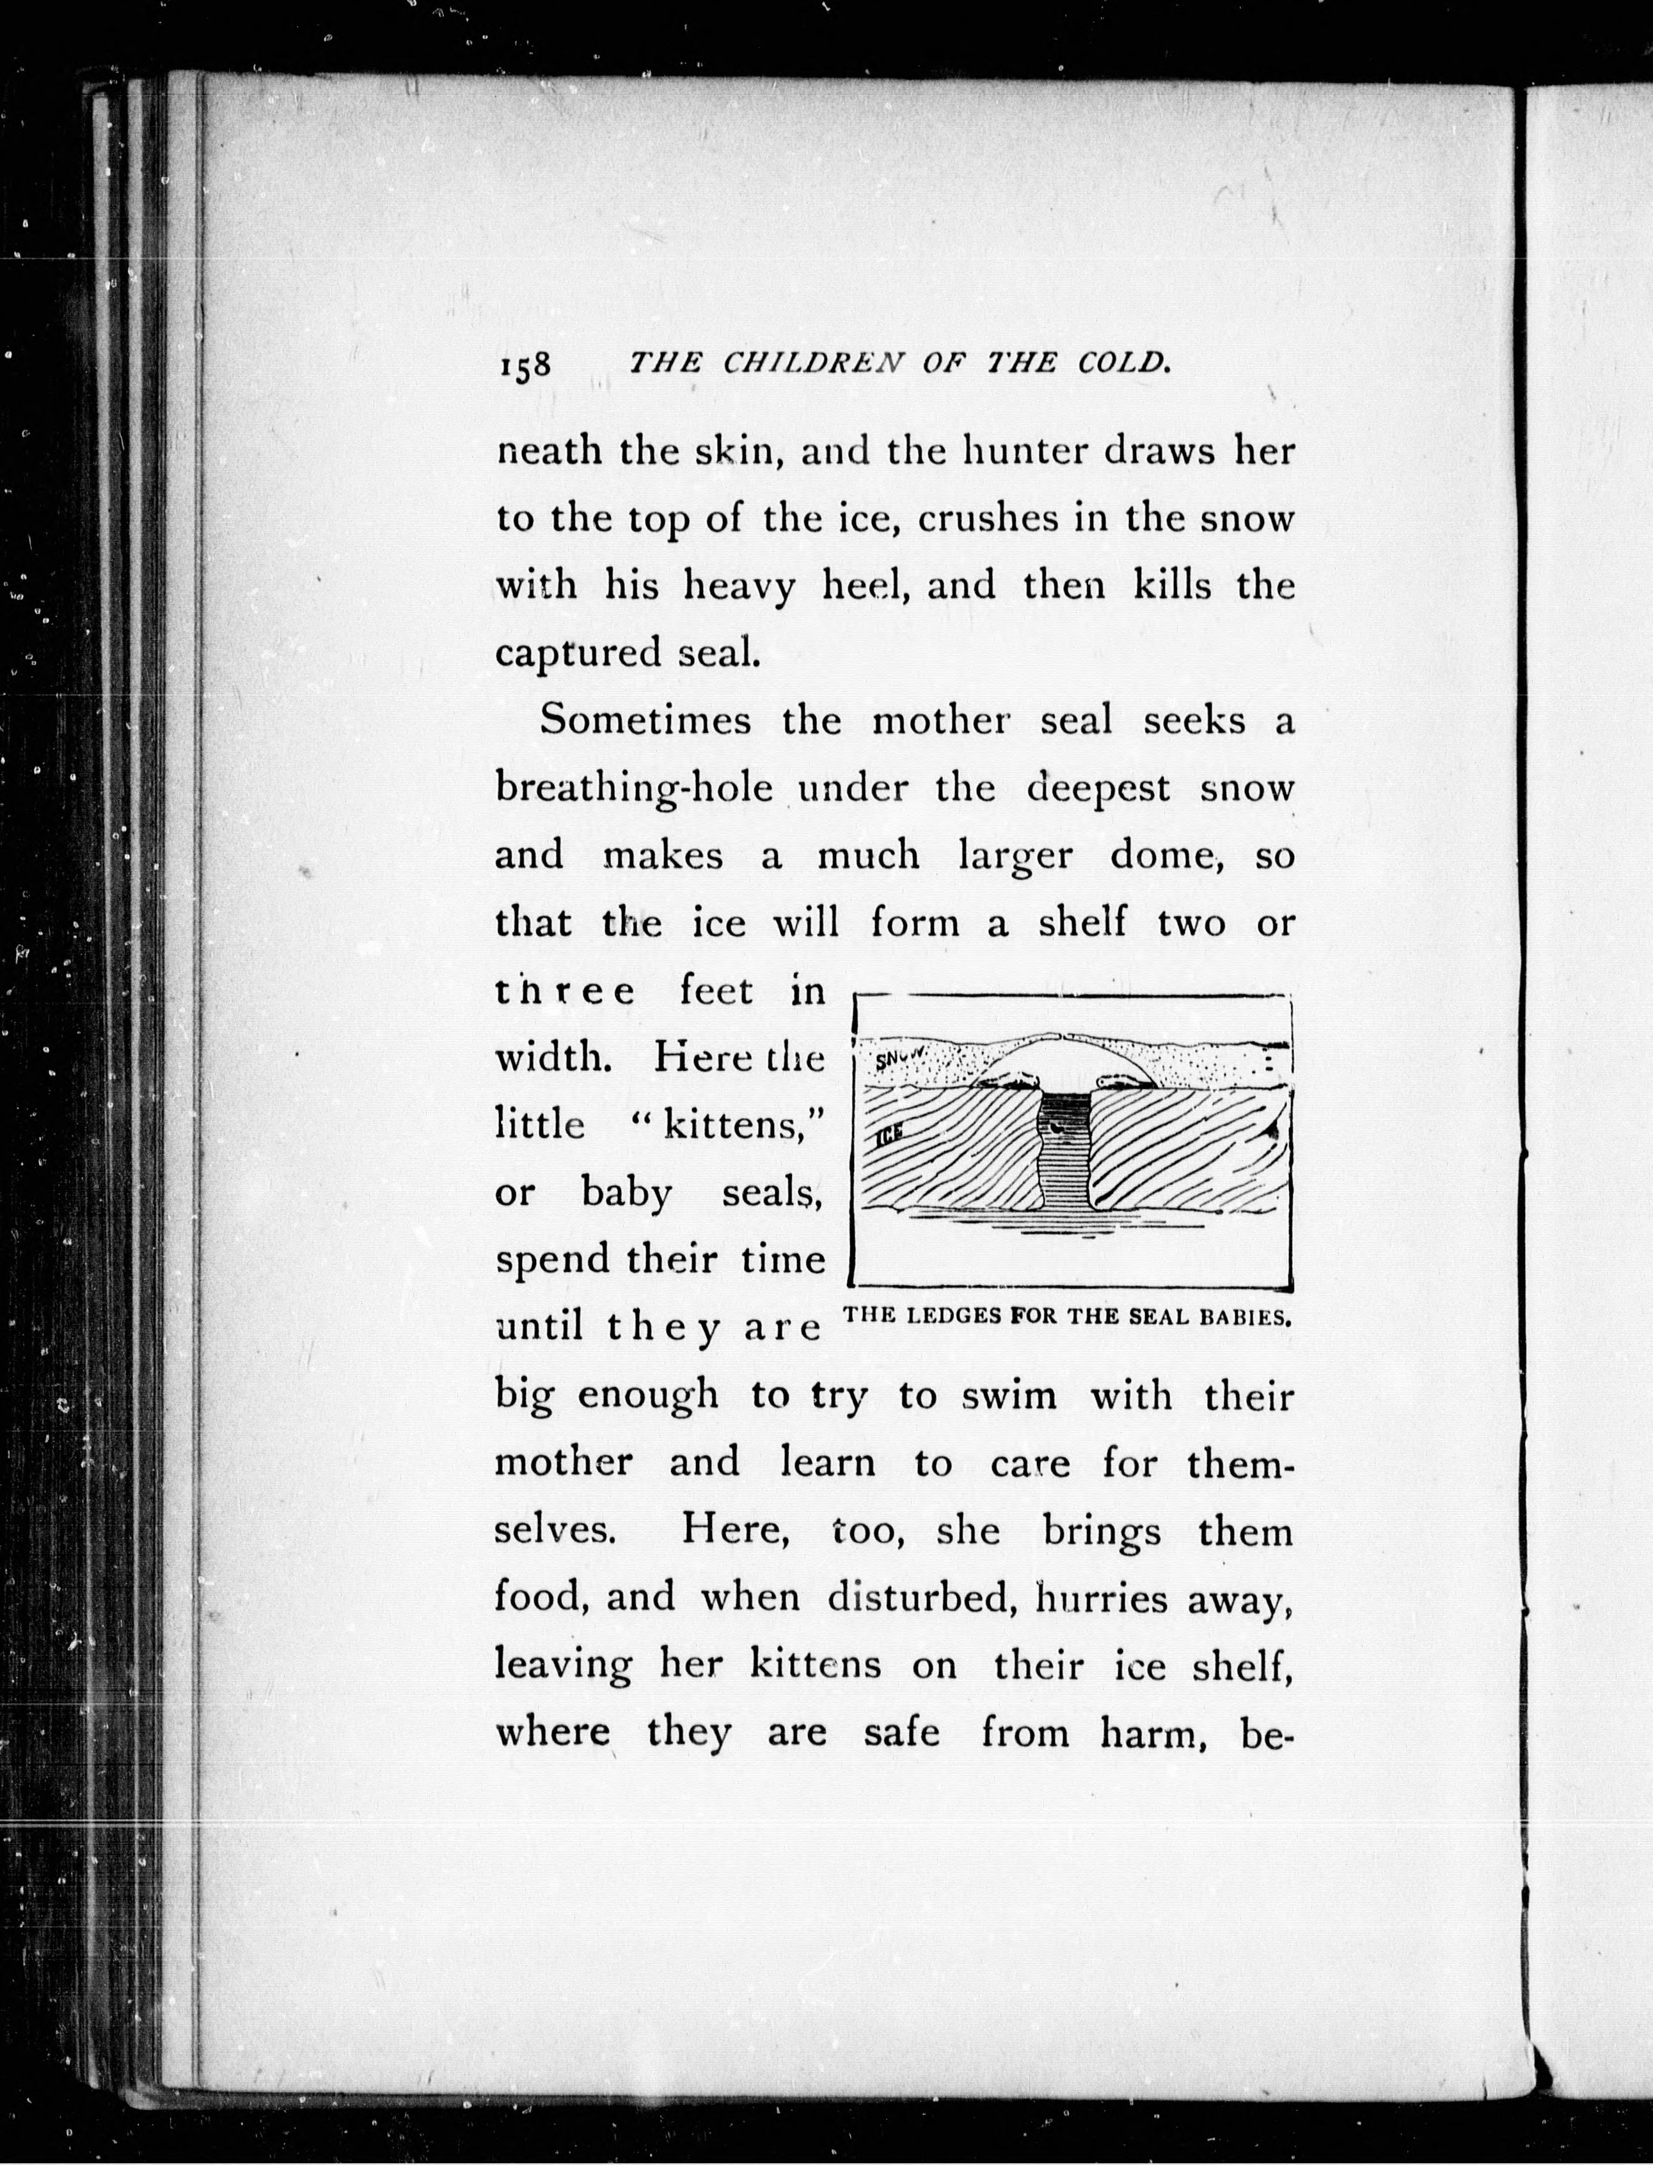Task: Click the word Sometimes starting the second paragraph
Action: click(645, 720)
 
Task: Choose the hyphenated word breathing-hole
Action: click(634, 790)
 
